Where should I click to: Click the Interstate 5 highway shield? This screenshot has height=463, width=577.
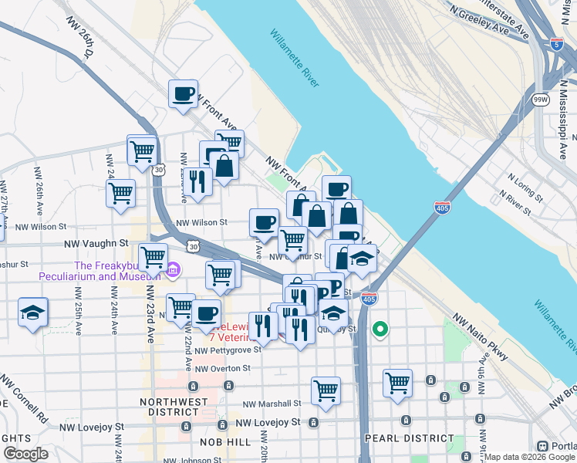(x=557, y=44)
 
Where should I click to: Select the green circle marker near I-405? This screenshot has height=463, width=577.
(x=380, y=330)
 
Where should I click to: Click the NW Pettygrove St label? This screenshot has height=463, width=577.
(x=228, y=350)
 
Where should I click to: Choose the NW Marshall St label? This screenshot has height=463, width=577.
(x=271, y=404)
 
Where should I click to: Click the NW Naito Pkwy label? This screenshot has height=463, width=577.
(x=481, y=337)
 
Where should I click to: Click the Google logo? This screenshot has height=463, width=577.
(x=26, y=454)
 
